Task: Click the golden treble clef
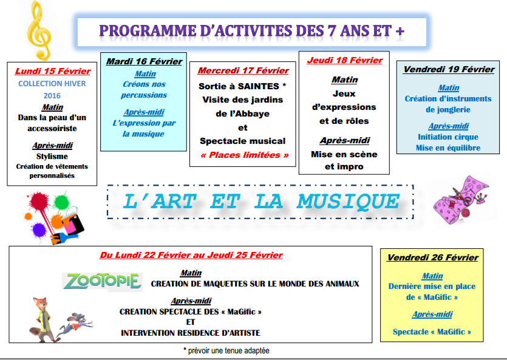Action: (39, 31)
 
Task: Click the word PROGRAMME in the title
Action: (148, 31)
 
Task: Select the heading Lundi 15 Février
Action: (53, 71)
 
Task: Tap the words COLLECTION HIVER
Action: (52, 84)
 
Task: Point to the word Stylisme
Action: (52, 157)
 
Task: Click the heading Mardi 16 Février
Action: (145, 61)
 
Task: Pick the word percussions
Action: (144, 95)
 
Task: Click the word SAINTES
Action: (258, 86)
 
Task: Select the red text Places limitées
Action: (245, 155)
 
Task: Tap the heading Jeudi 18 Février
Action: (345, 60)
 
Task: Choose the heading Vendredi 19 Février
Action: (449, 69)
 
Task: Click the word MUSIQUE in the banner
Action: (349, 202)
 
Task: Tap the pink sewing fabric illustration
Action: (460, 201)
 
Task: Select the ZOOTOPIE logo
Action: (102, 281)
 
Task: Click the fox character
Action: (43, 320)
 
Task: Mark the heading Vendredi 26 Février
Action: (433, 257)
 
